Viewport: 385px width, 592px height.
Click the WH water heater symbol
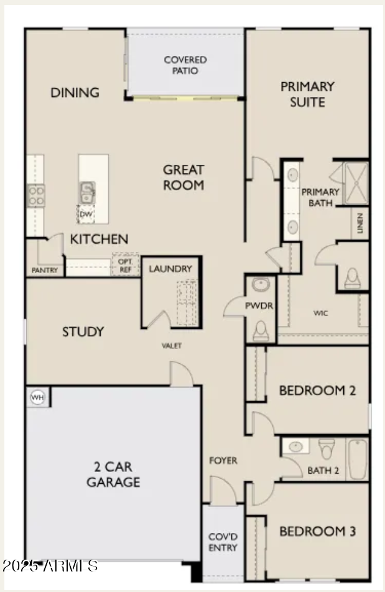pos(38,397)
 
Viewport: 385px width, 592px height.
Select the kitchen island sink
pos(86,192)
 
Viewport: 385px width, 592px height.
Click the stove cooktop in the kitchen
pos(36,195)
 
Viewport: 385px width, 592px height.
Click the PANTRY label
pos(45,271)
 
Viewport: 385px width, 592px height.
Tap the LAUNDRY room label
pos(170,269)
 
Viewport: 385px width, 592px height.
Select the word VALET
pos(172,346)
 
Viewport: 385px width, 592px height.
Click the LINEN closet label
pos(360,224)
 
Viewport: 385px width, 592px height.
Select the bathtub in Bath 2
pos(357,459)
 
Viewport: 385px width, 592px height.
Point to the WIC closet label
pos(320,313)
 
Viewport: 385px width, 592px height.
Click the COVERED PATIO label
pos(185,65)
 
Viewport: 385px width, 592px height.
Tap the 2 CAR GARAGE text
pos(113,474)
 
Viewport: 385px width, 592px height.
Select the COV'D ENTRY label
pos(223,542)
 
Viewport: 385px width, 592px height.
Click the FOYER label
pos(223,461)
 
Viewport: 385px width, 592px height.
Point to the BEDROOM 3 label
pos(317,532)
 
